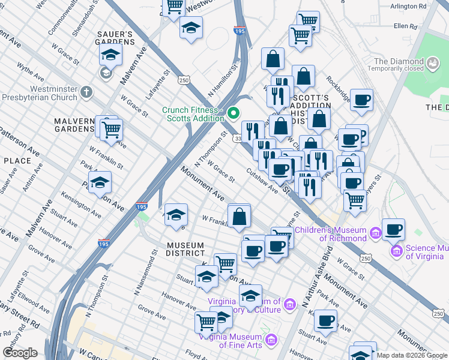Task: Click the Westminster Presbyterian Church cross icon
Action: [x=87, y=92]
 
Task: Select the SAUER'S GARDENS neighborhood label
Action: [x=114, y=38]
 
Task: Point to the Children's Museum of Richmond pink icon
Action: [x=375, y=232]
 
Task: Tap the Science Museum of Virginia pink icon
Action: [x=396, y=250]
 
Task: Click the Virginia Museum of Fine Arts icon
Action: [x=271, y=341]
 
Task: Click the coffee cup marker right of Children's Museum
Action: [x=393, y=229]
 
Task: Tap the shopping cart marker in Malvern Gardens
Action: [x=111, y=128]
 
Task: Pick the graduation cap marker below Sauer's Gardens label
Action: [x=111, y=56]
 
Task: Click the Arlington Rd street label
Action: [x=408, y=5]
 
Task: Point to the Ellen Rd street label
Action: [x=405, y=26]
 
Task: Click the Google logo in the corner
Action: [x=19, y=353]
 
